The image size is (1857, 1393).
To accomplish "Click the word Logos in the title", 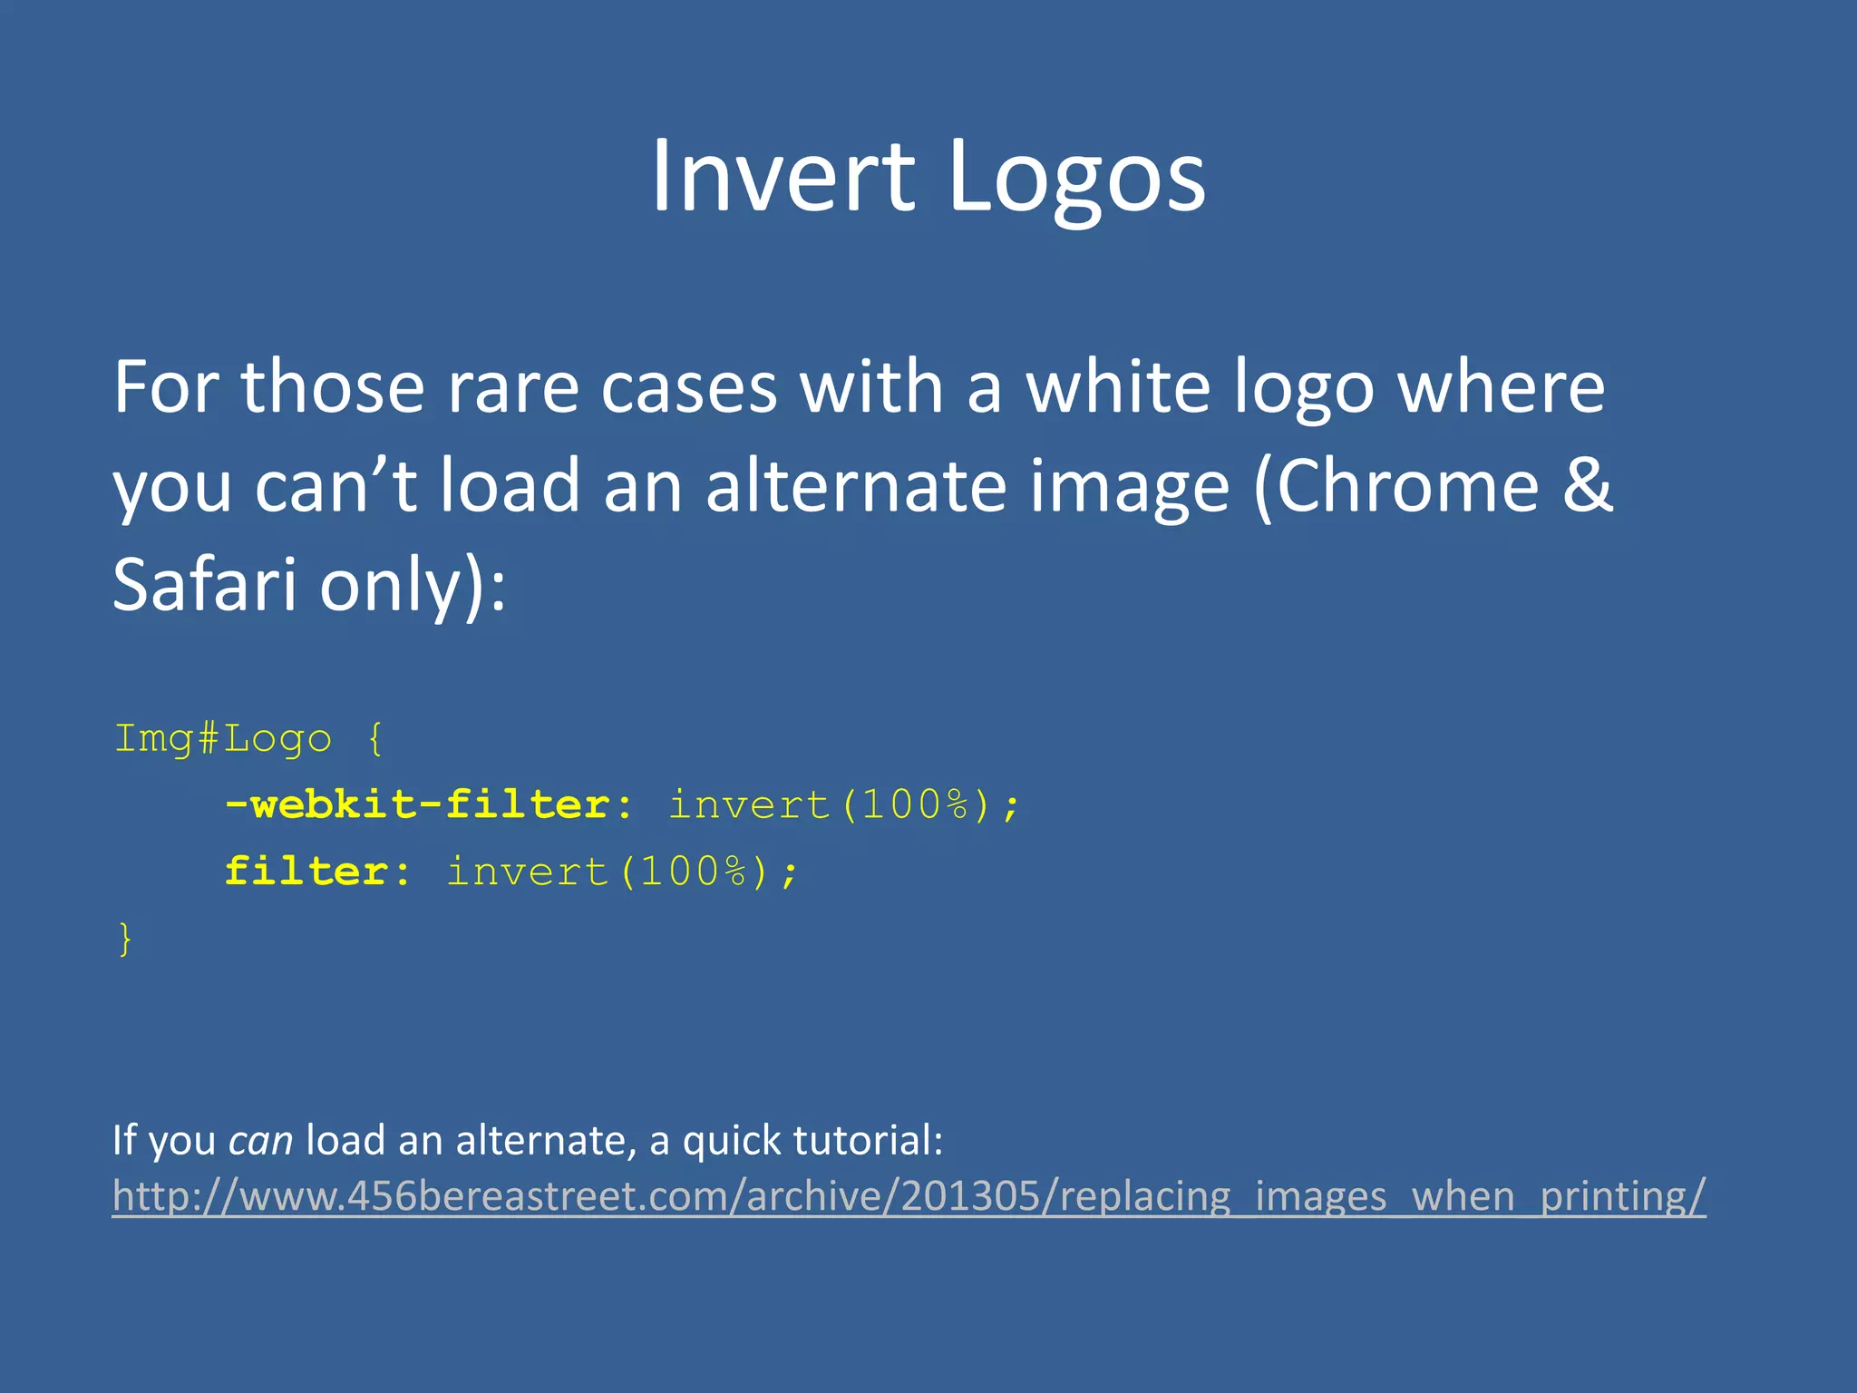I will [x=1076, y=178].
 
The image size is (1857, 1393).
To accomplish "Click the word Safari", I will [x=204, y=585].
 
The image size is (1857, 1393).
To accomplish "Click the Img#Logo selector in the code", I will [x=223, y=739].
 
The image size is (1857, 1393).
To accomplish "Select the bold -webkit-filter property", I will [x=418, y=805].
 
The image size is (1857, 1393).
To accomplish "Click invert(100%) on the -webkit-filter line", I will [x=844, y=805].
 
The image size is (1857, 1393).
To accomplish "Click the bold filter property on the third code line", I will [x=306, y=872].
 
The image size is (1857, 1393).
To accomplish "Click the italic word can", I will [x=260, y=1140].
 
